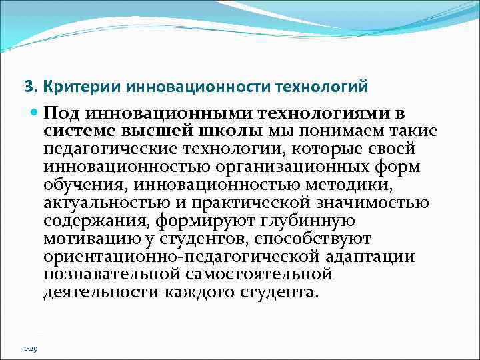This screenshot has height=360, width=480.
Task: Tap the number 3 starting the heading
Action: [x=27, y=87]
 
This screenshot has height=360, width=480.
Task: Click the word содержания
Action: [x=89, y=220]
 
